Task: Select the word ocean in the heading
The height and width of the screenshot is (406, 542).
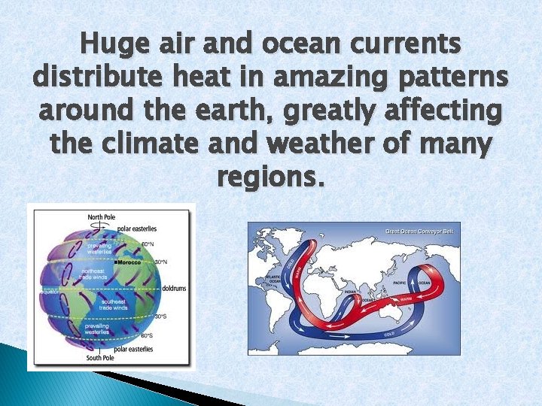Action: click(300, 45)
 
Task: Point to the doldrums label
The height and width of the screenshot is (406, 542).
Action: click(173, 289)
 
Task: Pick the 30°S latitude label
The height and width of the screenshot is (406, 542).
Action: click(160, 316)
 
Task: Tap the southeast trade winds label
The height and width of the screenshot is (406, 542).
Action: click(113, 304)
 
